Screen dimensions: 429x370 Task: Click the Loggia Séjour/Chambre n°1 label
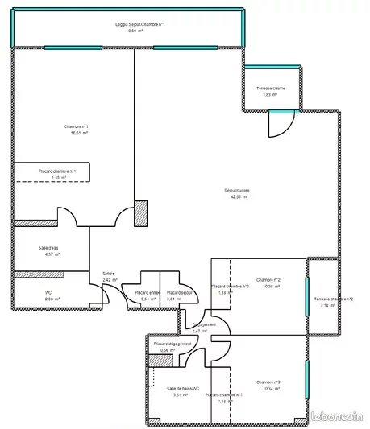click(140, 25)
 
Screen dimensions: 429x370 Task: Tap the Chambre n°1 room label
click(77, 127)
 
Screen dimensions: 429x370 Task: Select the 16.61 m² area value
click(77, 134)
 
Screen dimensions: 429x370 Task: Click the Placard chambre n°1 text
click(57, 171)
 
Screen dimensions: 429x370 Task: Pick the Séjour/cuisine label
click(237, 190)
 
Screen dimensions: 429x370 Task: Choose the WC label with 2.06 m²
click(48, 292)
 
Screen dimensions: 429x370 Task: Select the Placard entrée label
click(147, 291)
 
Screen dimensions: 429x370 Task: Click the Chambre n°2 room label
click(268, 279)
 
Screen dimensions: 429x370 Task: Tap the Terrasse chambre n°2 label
click(333, 299)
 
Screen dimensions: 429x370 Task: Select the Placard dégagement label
click(172, 344)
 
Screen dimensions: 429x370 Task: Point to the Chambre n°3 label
click(268, 382)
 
